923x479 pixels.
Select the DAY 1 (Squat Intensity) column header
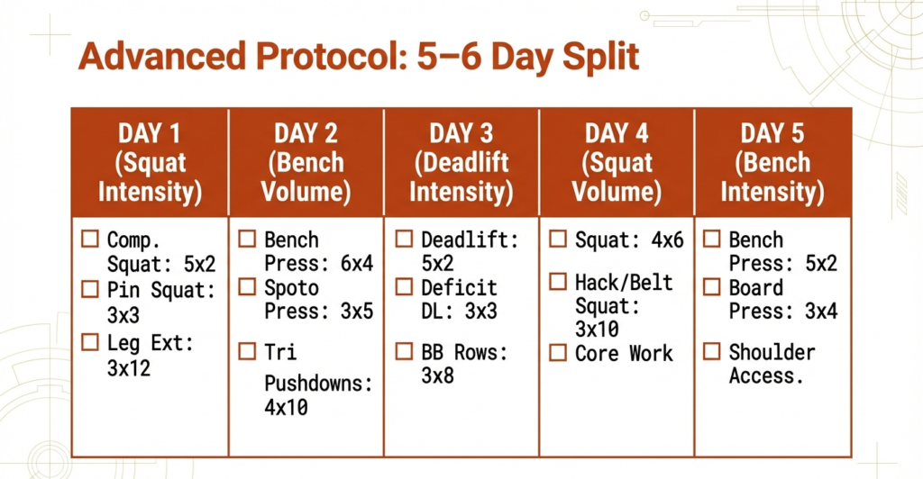[x=150, y=163]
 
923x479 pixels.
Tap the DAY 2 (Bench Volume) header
[x=306, y=163]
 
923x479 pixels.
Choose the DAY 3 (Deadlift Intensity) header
[x=461, y=163]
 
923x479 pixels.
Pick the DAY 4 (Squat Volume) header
[x=617, y=163]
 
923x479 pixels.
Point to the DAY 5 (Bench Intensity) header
[x=772, y=163]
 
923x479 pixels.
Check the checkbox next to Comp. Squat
[x=90, y=240]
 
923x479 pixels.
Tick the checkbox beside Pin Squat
[x=90, y=289]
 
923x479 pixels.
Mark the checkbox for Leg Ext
[x=90, y=342]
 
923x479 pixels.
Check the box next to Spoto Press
[x=247, y=288]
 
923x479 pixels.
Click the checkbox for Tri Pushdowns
[x=247, y=352]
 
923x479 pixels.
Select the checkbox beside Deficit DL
[x=405, y=288]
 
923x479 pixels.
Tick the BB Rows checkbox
[x=405, y=352]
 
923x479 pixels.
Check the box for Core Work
[x=558, y=353]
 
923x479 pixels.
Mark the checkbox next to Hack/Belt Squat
[x=558, y=283]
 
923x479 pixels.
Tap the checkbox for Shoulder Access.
[x=712, y=352]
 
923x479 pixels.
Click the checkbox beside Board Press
[x=712, y=288]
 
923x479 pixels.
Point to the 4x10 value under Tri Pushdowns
[x=286, y=407]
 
